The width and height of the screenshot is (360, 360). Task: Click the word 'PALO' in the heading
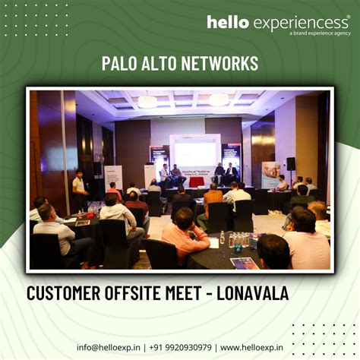click(122, 63)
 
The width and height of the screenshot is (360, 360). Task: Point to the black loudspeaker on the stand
click(291, 163)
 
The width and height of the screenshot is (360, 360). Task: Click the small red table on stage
click(197, 182)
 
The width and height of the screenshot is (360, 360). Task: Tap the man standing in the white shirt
click(78, 190)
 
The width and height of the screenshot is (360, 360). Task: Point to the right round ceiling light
click(219, 99)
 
